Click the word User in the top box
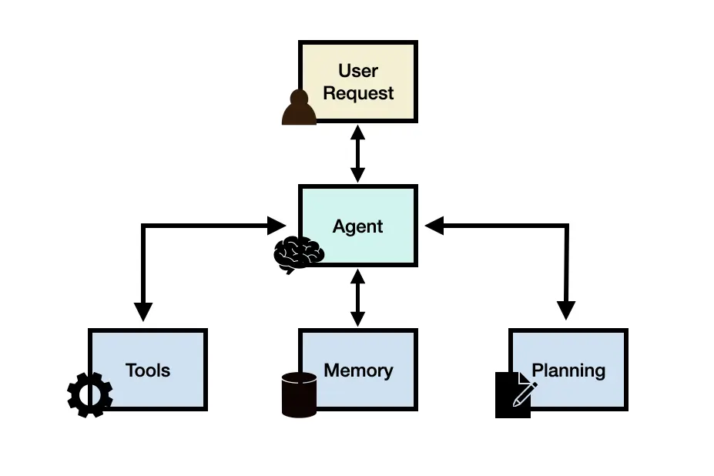[358, 71]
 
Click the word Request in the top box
[358, 93]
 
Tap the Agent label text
[357, 226]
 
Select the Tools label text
[147, 370]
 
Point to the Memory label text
[358, 370]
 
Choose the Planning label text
[568, 370]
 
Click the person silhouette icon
[299, 108]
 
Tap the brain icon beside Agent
[299, 253]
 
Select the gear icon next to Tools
[90, 395]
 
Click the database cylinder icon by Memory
[299, 394]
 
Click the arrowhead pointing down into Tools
[143, 311]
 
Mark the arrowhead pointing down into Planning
[566, 311]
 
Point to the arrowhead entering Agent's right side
[434, 226]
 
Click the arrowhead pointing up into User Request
[357, 132]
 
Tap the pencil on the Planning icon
[525, 393]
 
